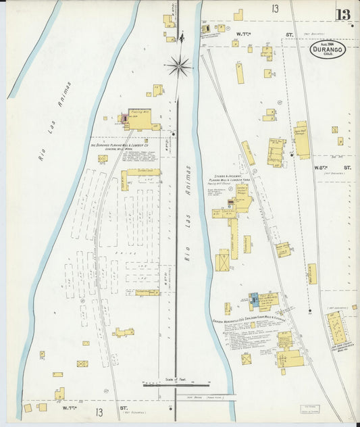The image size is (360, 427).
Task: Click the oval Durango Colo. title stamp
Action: [x=329, y=50]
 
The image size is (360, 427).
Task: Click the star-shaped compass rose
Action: [x=179, y=65]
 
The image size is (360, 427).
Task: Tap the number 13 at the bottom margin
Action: [x=100, y=411]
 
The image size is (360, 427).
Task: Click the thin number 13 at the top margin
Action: [x=275, y=9]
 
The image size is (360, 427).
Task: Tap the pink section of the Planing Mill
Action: [x=124, y=118]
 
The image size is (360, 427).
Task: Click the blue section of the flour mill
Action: [x=254, y=298]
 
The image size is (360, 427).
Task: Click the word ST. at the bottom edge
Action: [x=124, y=408]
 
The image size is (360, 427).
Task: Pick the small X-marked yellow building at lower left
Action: [x=82, y=363]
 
